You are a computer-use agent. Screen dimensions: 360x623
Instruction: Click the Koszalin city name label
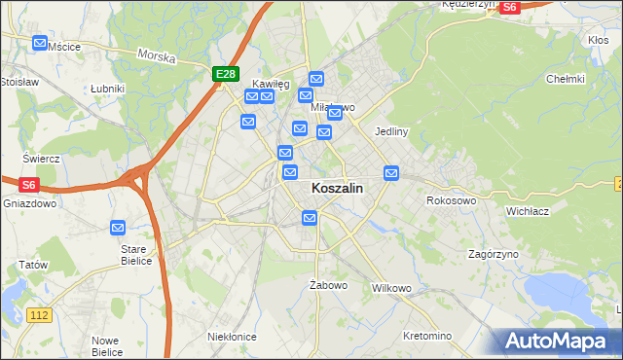point(338,190)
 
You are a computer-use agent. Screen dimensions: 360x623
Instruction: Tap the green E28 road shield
point(226,74)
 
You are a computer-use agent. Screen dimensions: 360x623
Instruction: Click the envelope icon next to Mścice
point(39,44)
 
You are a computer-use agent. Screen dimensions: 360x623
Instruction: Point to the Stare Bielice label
point(133,255)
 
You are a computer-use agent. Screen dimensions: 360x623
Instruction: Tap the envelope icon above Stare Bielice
point(118,228)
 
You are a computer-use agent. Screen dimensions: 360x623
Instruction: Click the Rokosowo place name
point(451,200)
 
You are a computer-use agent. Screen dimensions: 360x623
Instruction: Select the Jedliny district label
point(390,130)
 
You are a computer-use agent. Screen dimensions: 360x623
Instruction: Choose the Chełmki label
point(565,79)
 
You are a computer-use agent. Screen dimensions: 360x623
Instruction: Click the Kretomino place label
point(427,336)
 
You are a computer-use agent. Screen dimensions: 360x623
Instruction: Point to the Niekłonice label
point(232,337)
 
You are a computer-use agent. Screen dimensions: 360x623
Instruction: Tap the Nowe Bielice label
point(106,345)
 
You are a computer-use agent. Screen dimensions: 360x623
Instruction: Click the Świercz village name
point(42,158)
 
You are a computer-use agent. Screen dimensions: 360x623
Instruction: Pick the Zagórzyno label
point(493,254)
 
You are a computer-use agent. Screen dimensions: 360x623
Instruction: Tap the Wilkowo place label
point(392,289)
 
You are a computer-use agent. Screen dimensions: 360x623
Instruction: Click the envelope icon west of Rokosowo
point(391,173)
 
